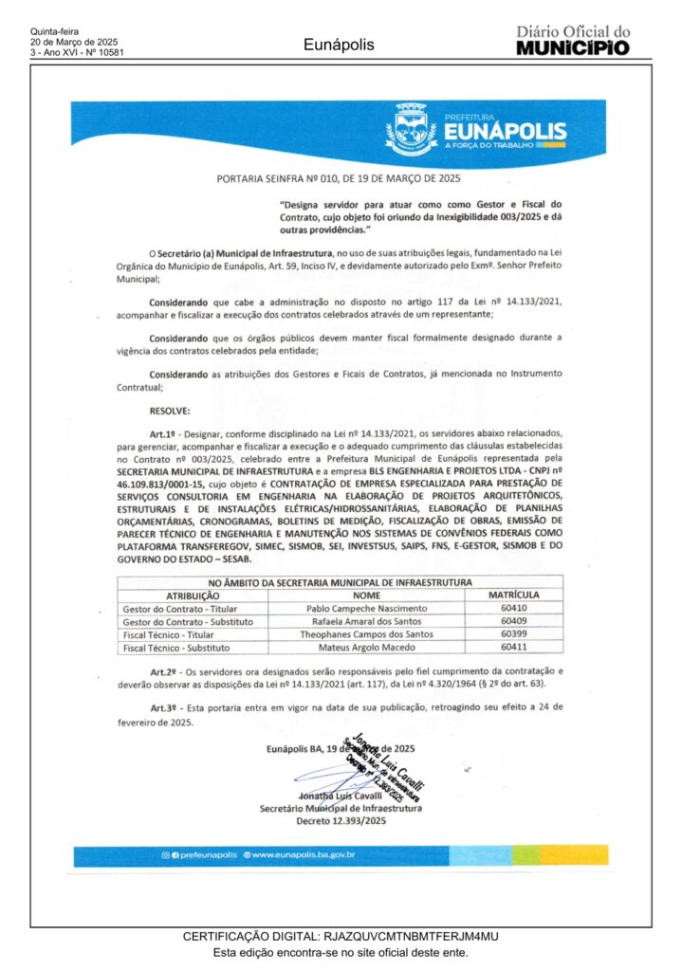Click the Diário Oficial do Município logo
(572, 41)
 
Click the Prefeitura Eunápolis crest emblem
(412, 132)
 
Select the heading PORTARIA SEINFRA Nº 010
(340, 177)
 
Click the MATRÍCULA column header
(513, 595)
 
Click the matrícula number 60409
(513, 621)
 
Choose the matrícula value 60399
(513, 634)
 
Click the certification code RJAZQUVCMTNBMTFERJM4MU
(411, 937)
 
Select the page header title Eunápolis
(339, 45)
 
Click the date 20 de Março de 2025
(74, 43)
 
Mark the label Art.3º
(166, 707)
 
